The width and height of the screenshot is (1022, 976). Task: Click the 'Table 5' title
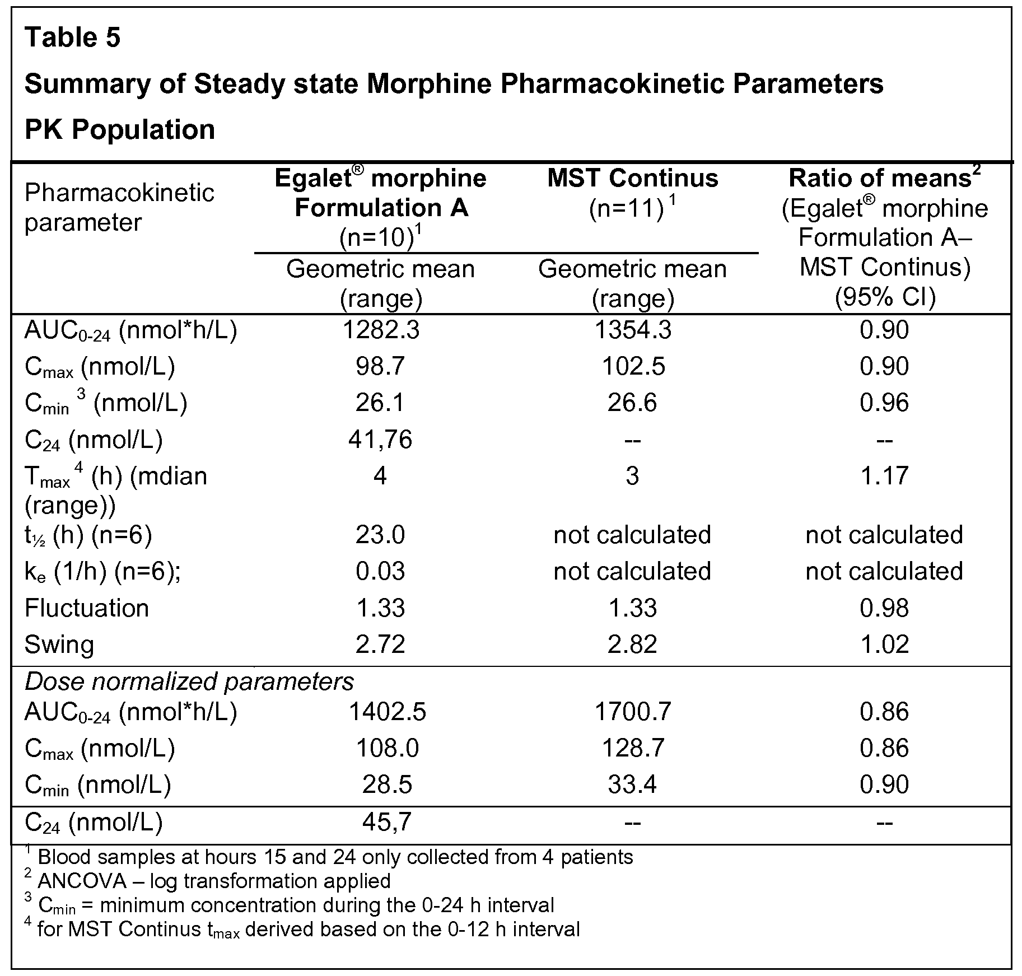click(72, 38)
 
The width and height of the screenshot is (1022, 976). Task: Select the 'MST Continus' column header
click(632, 178)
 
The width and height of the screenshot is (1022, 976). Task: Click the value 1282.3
click(381, 330)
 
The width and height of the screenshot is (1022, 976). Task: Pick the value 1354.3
click(633, 330)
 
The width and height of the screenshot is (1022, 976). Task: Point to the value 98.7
click(380, 366)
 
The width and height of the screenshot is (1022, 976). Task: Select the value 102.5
click(633, 366)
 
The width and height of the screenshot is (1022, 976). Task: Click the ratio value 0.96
click(884, 403)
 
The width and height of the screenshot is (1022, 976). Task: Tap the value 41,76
click(380, 440)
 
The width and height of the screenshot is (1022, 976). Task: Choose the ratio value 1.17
click(884, 476)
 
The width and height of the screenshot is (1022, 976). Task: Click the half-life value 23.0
click(380, 535)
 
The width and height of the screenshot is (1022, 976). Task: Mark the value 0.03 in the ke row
click(380, 571)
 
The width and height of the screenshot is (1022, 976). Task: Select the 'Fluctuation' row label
click(87, 608)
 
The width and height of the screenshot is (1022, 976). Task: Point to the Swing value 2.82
click(632, 645)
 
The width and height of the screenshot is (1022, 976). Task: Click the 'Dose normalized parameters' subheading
click(189, 682)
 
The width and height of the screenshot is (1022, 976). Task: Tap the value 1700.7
click(633, 712)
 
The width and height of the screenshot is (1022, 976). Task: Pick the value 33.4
click(632, 784)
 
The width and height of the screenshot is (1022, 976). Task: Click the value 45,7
click(387, 822)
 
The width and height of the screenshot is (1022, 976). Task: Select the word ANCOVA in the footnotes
click(82, 881)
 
